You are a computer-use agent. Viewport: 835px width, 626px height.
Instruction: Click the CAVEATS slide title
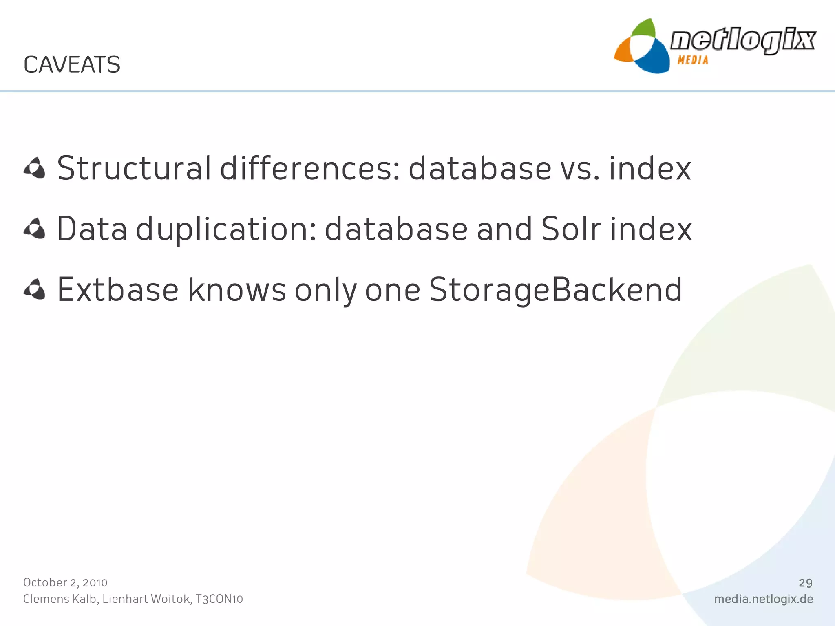pos(72,65)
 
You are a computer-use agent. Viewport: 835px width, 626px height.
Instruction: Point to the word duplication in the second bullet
pos(226,229)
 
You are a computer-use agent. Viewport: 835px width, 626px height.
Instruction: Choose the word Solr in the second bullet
pos(571,229)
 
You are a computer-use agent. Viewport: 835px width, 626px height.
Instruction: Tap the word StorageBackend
pos(555,291)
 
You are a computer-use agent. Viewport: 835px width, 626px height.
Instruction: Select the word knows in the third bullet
pos(237,290)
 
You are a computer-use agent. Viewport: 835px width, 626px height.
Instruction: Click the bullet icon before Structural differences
pos(35,168)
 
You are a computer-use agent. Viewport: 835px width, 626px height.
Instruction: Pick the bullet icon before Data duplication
pos(35,229)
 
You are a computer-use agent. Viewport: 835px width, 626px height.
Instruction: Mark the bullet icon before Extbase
pos(35,290)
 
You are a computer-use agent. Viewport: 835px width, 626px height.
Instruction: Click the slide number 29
pos(805,583)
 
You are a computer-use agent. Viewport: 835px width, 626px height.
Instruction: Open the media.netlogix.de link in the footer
pos(763,599)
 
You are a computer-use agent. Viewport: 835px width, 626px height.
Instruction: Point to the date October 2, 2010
pos(65,583)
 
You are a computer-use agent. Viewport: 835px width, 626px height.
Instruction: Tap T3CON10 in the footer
pos(219,599)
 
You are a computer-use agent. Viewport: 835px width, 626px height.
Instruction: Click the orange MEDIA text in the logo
pos(693,60)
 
